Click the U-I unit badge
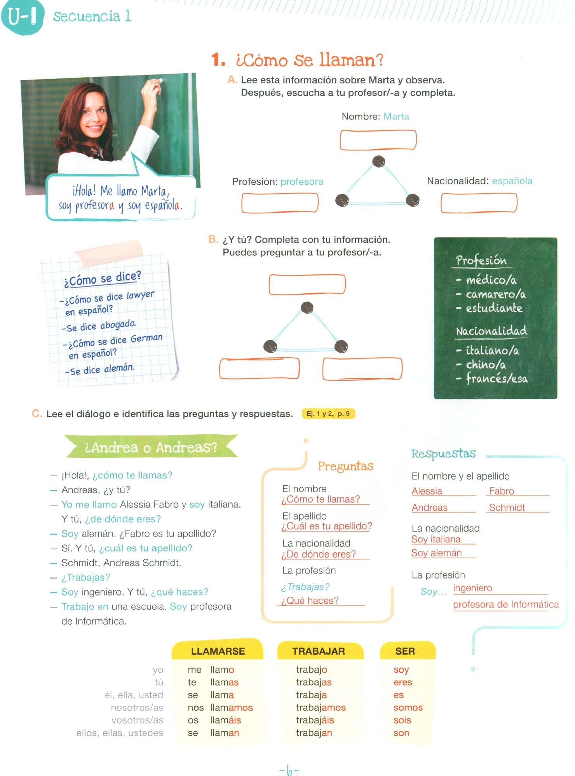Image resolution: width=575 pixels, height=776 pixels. pyautogui.click(x=23, y=17)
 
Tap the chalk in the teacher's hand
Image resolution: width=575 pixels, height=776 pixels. pyautogui.click(x=159, y=81)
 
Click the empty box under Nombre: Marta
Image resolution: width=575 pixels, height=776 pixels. pyautogui.click(x=378, y=140)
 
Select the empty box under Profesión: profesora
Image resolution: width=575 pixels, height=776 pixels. pyautogui.click(x=280, y=203)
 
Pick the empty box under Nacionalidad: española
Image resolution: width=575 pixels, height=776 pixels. pyautogui.click(x=479, y=203)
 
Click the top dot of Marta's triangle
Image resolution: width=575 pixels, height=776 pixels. pyautogui.click(x=378, y=161)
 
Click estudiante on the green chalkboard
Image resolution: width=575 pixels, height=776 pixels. pyautogui.click(x=494, y=308)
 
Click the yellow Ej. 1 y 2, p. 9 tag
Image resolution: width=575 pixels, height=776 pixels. pyautogui.click(x=328, y=414)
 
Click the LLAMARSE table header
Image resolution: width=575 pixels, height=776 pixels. pyautogui.click(x=218, y=651)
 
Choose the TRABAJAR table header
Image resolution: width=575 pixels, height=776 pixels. pyautogui.click(x=319, y=651)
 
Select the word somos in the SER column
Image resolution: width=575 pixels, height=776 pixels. pyautogui.click(x=408, y=707)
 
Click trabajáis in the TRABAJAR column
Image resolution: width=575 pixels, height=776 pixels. pyautogui.click(x=315, y=720)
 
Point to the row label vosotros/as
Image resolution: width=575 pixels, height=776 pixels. pyautogui.click(x=137, y=720)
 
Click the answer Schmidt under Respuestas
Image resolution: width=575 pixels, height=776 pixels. pyautogui.click(x=507, y=508)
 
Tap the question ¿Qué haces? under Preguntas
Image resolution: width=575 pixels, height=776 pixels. pyautogui.click(x=310, y=601)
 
